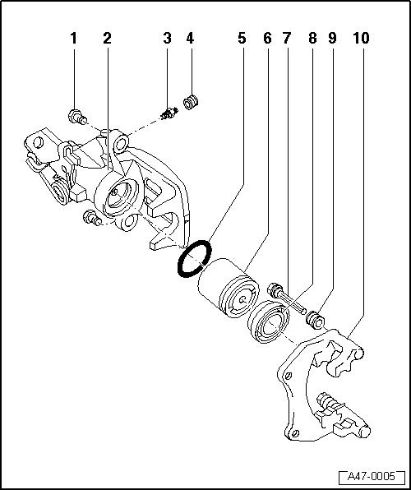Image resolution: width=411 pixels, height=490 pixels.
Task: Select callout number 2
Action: click(108, 38)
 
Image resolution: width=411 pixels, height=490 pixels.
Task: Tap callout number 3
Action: click(167, 38)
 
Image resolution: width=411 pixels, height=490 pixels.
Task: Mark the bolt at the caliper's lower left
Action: click(92, 219)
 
